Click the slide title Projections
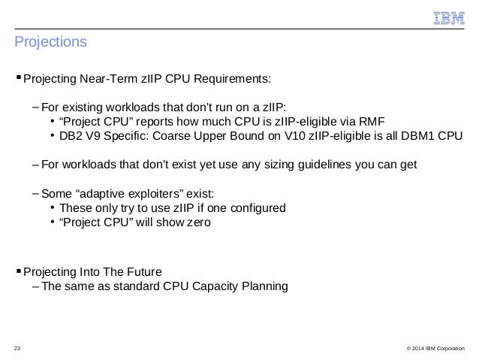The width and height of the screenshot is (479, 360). [50, 42]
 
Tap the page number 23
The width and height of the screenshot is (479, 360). [18, 347]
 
